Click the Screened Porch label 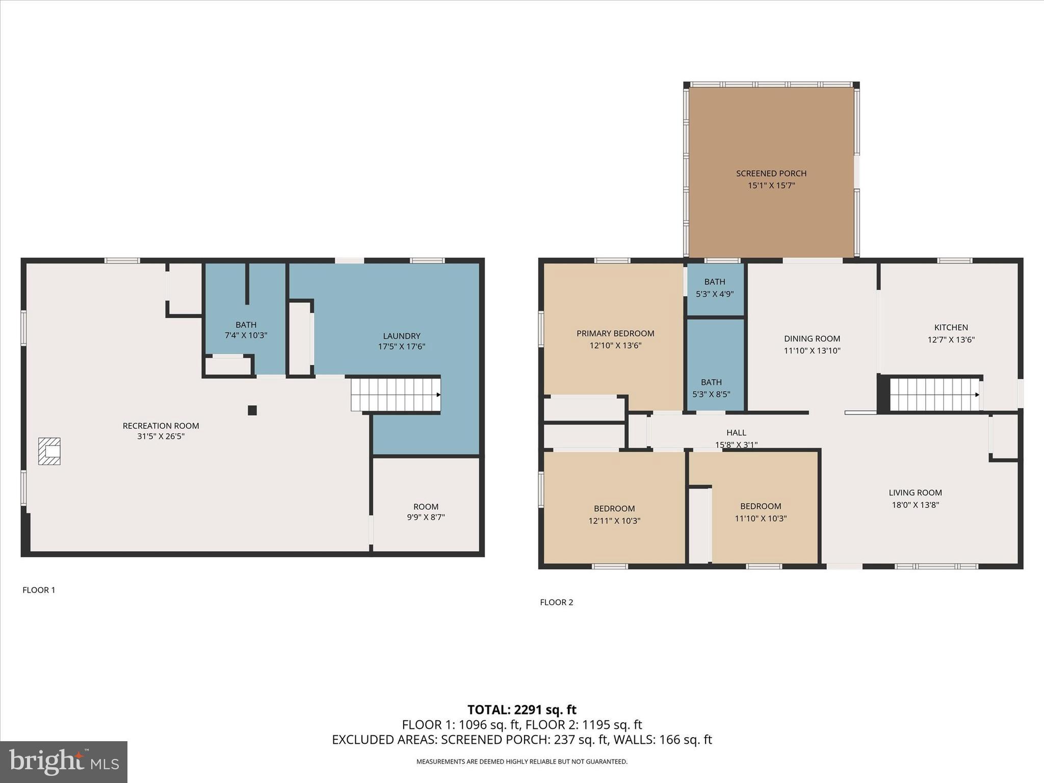click(771, 173)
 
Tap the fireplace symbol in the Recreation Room click(49, 451)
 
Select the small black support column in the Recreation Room click(252, 410)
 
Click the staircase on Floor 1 click(396, 394)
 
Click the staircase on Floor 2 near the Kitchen click(934, 394)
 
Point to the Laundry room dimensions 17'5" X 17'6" click(402, 347)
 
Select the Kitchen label click(951, 327)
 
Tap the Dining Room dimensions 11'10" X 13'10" click(812, 351)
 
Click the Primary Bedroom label click(615, 333)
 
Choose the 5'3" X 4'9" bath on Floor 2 click(715, 288)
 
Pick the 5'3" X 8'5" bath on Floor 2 click(711, 388)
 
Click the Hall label click(736, 433)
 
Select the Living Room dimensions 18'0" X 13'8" click(915, 505)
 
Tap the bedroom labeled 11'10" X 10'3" click(761, 512)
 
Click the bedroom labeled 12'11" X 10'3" click(614, 514)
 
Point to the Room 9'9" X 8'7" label click(426, 512)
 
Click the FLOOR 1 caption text click(39, 590)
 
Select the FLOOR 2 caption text click(556, 602)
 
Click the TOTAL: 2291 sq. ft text click(521, 710)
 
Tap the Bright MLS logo click(64, 762)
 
